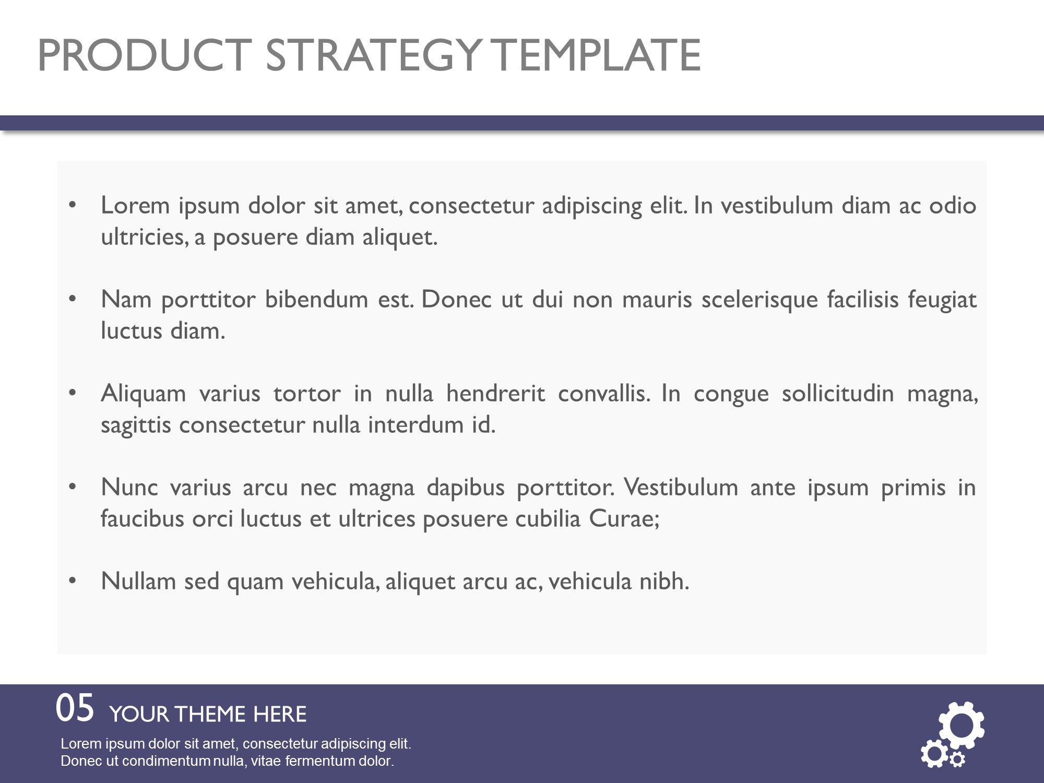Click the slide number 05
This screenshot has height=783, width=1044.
(x=75, y=708)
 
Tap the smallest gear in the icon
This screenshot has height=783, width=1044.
(x=957, y=759)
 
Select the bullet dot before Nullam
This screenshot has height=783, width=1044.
(x=73, y=580)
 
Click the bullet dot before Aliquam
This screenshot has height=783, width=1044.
(x=73, y=393)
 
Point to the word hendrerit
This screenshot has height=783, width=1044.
(x=495, y=394)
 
